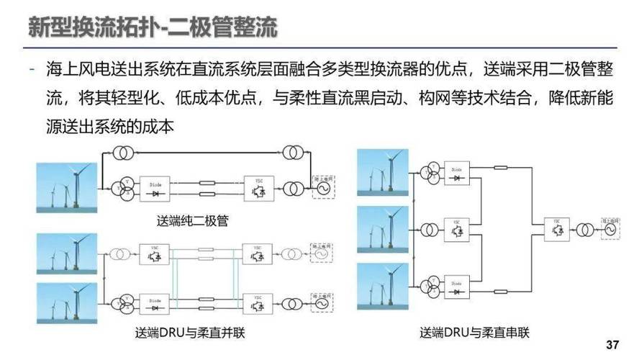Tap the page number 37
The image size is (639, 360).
click(x=612, y=343)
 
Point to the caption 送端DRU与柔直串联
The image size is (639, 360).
click(x=474, y=333)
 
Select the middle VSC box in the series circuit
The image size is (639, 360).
click(x=455, y=229)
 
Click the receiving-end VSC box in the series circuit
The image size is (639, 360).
click(x=556, y=229)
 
